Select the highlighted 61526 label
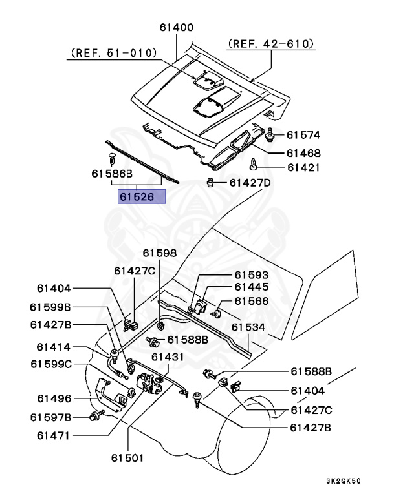(142, 197)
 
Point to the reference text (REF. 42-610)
(270, 43)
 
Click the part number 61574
(303, 136)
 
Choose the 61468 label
(303, 153)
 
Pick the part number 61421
(303, 167)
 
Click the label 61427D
(250, 183)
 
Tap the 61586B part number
(112, 174)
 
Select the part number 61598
(160, 253)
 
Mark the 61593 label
(251, 274)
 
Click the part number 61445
(251, 287)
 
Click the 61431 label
(168, 356)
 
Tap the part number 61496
(54, 398)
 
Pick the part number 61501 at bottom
(127, 458)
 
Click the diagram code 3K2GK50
(343, 481)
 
